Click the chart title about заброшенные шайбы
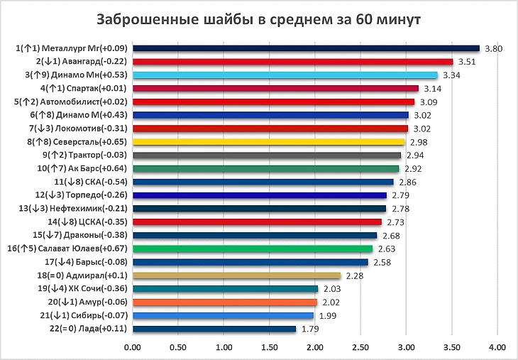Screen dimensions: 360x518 click(x=258, y=19)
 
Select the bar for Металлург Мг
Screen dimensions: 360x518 click(x=306, y=48)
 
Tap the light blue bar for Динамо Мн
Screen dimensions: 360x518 click(x=285, y=75)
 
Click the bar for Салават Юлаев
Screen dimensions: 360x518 click(x=252, y=249)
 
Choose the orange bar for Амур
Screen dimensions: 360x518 click(x=224, y=302)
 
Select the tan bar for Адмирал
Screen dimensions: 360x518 click(x=236, y=276)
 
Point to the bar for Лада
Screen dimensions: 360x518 click(x=214, y=329)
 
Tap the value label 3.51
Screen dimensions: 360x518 click(x=466, y=62)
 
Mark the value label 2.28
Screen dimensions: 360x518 click(x=354, y=276)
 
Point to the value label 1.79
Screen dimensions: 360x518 click(x=309, y=329)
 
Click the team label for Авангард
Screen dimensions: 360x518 click(x=81, y=62)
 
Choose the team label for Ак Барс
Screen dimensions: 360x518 click(x=82, y=168)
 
